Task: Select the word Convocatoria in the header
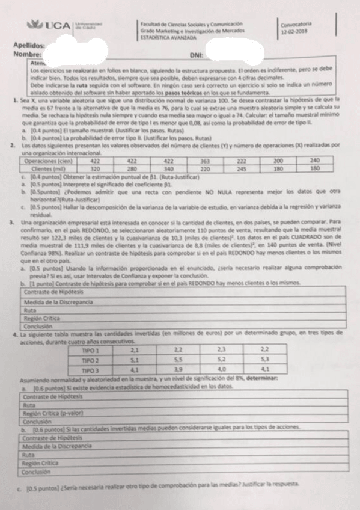click(295, 25)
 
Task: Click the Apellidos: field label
click(29, 46)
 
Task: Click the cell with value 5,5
click(178, 360)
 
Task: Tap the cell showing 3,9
click(178, 370)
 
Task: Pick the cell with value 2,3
click(222, 351)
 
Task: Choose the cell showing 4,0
click(222, 370)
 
